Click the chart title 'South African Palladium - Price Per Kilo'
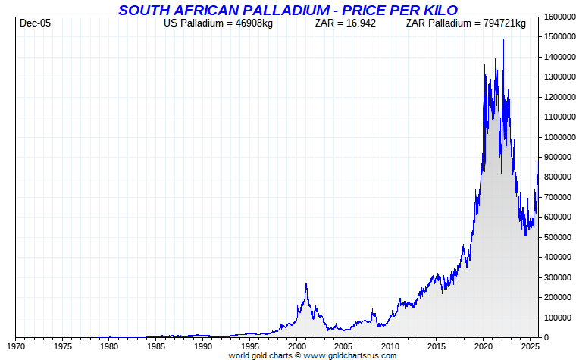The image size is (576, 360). coord(288,10)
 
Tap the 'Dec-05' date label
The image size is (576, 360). coord(35,23)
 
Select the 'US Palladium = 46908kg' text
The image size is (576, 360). coord(218,23)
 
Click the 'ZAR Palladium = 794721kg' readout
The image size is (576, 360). coord(465,23)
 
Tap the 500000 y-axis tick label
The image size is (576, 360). coord(556,237)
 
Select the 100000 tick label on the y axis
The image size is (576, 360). coord(556,318)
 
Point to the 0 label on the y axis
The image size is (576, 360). coord(546,337)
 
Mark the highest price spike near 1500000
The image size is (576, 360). coord(503,39)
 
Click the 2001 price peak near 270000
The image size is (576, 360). coord(306,283)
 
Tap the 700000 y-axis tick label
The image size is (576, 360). coord(556,197)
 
